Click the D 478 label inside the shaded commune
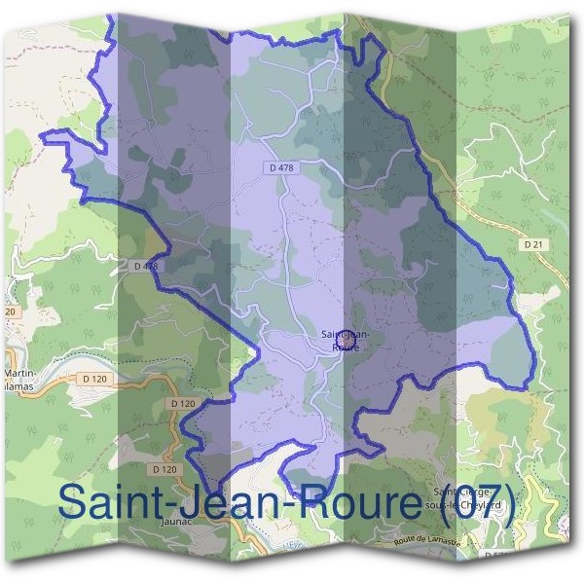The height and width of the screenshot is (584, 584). point(279,168)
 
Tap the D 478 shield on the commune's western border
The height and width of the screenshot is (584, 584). point(143,265)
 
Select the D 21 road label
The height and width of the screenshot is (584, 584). point(531,244)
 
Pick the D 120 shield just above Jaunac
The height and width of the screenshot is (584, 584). point(166,469)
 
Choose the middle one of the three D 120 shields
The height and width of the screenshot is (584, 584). point(182,403)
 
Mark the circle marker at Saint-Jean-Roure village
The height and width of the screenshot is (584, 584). point(343,341)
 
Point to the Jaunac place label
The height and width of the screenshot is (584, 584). point(171,521)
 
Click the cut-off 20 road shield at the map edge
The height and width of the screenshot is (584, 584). point(9,311)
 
